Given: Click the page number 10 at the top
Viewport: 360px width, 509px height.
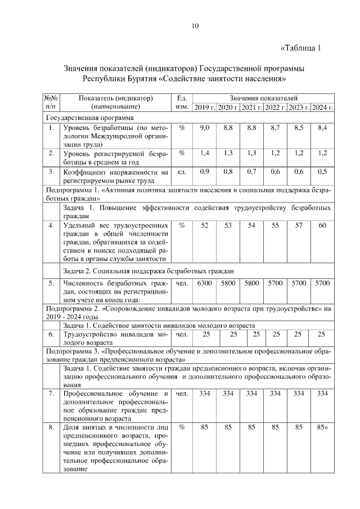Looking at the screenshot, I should [195, 26].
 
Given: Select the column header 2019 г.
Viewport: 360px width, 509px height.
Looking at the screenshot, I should [204, 107].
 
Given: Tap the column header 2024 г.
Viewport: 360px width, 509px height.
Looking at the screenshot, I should [322, 107].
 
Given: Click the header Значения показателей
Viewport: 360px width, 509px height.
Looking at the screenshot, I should [263, 98].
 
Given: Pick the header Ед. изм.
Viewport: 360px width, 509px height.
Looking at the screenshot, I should [182, 102].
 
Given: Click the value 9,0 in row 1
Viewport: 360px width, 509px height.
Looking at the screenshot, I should [204, 128].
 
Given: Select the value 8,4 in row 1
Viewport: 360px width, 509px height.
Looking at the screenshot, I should [322, 128].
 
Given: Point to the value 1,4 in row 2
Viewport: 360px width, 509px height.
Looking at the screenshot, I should [204, 153].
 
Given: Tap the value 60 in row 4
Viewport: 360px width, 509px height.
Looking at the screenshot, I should [322, 225].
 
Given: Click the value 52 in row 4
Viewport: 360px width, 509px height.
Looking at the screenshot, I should [204, 225].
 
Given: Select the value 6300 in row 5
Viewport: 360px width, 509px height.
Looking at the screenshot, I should [204, 283].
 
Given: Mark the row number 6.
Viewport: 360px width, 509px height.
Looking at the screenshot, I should [51, 335].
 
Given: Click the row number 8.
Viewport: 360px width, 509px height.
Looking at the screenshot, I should [51, 427].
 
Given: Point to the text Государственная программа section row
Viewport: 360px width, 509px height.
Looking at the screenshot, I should [90, 118].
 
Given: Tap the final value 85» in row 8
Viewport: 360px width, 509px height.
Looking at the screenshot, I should [322, 427].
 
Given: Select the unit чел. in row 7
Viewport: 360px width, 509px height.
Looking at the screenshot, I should [182, 393].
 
